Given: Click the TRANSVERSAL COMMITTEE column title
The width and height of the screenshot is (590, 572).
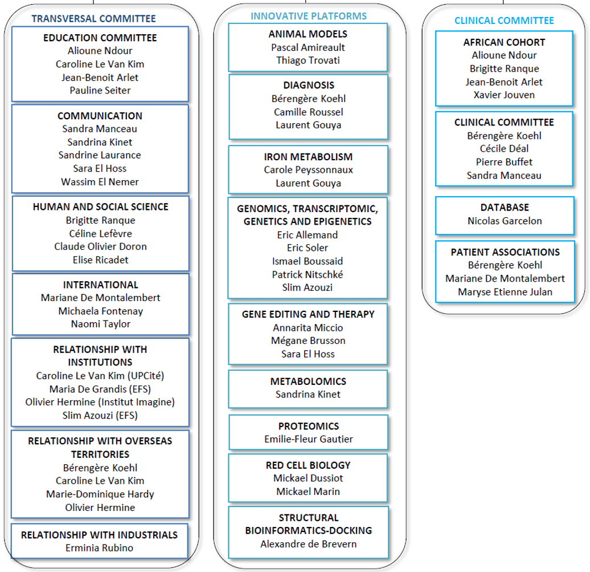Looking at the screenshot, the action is pos(93,18).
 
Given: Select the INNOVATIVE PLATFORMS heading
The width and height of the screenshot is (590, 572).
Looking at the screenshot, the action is pos(309,16).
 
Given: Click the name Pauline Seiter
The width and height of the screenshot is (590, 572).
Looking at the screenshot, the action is pos(100,91).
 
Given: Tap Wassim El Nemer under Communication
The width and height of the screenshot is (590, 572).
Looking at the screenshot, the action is pos(100,182).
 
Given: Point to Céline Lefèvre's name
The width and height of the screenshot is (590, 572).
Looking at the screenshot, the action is pos(100,234).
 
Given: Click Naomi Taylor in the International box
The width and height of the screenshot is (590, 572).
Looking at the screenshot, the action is pos(100,324).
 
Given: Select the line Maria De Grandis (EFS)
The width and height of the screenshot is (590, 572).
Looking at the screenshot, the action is pos(100,389).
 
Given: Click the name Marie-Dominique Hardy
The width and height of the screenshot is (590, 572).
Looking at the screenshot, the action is pos(100,494).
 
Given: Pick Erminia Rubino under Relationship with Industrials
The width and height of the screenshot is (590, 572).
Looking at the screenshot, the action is pos(99,548).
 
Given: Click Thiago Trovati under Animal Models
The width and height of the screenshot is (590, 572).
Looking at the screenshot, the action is pos(308,60).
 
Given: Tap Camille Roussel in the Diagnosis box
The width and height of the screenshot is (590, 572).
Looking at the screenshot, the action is pos(309,112).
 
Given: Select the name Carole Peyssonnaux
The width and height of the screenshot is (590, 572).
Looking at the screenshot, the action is pos(308,170).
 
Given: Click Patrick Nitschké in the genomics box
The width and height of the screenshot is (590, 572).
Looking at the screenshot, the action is pos(308,274).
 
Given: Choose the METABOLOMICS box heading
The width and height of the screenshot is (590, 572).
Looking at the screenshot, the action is pos(308,382).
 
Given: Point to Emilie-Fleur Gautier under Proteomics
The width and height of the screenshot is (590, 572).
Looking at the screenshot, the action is pos(309,439).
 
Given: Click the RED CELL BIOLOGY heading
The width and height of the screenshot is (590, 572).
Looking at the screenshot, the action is pos(308,465).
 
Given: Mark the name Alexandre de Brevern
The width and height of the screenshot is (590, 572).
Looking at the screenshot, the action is pos(309,544).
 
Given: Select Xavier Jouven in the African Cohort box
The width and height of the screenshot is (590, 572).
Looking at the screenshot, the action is pos(504,95).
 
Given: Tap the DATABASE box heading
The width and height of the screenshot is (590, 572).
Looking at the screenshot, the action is pos(505,208).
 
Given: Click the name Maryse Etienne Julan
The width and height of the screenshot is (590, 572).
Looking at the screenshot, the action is pos(505,292).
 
